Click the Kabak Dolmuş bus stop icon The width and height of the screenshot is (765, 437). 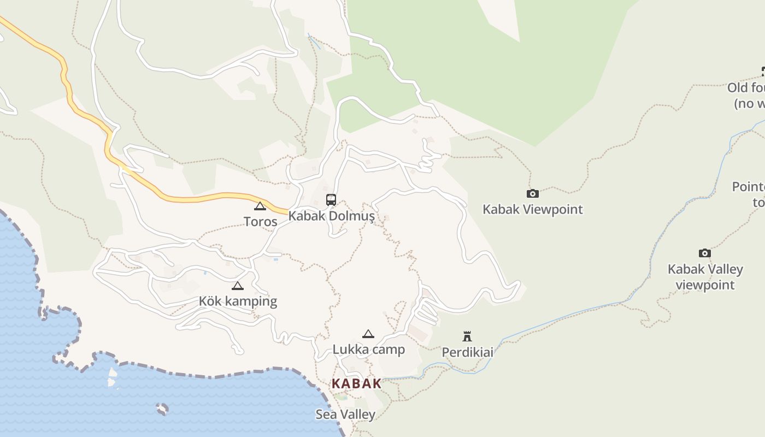pos(331,200)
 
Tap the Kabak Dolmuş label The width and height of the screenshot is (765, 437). pos(332,216)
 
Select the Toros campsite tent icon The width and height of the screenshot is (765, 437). pos(260,206)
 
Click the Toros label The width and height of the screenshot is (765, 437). pos(260,222)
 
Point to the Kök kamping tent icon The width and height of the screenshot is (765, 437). pos(237,286)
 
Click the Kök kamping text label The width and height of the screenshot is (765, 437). pos(238,302)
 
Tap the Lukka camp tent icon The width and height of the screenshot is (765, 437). pos(368,334)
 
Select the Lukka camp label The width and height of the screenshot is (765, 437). pos(369,350)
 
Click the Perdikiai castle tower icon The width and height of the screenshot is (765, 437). pos(467,336)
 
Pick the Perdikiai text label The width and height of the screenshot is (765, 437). pos(467,352)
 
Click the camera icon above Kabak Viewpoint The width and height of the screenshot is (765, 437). pos(533,193)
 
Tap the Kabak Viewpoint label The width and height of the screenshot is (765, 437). pos(533,209)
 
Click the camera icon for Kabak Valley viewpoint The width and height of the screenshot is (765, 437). pos(705,253)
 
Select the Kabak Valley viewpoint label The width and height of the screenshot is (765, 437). pos(705,277)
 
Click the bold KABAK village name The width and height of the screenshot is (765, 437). pos(357,383)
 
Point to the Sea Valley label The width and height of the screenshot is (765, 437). pos(345,415)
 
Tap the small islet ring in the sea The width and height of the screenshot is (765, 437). pos(162,409)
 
